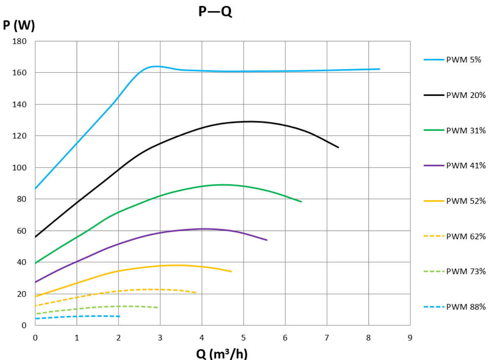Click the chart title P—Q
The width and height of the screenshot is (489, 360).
point(215,11)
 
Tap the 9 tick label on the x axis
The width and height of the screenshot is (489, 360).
point(410,337)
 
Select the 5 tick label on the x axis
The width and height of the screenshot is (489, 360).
point(243,337)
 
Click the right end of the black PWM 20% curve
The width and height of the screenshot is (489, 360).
point(338,147)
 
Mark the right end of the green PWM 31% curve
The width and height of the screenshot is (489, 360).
point(301,202)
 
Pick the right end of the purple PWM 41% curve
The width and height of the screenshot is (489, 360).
point(267,240)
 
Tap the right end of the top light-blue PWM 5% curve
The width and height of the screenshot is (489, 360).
point(380,69)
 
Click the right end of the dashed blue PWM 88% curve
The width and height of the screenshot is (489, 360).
point(120,316)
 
